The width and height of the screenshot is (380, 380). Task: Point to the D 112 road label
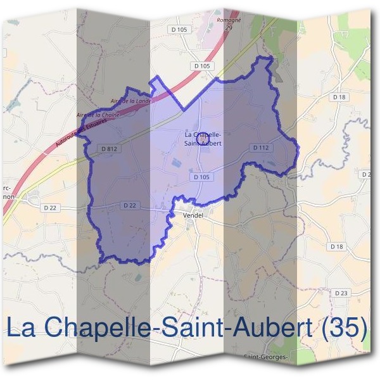(x=261, y=148)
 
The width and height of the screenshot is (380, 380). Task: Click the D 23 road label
(x=340, y=293)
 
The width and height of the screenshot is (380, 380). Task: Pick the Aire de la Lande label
(x=129, y=101)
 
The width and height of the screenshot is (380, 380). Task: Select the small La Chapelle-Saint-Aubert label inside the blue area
(x=203, y=139)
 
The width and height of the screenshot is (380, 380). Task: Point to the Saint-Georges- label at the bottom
(x=266, y=357)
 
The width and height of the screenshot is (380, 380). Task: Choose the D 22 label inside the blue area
(x=129, y=205)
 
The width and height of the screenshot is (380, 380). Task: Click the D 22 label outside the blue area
(x=51, y=207)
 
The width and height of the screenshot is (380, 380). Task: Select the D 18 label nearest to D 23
(x=336, y=246)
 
